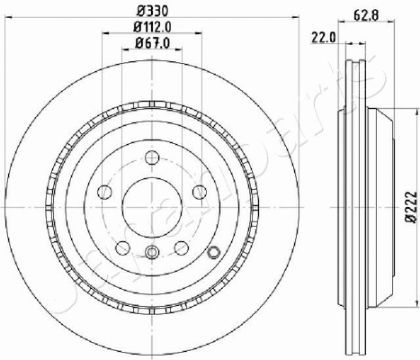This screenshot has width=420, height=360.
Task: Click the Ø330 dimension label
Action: [152, 11]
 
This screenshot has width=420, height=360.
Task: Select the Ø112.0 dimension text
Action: [152, 28]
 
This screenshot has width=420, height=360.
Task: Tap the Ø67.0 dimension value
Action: [152, 43]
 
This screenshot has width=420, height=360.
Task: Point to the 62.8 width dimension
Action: [366, 14]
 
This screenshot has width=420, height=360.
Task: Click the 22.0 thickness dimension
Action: [324, 38]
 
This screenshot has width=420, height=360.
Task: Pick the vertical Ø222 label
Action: [411, 207]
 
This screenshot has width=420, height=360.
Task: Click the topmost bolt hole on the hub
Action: [152, 157]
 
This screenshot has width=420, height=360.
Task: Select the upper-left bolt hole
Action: [105, 192]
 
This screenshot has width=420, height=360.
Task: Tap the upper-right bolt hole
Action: [200, 192]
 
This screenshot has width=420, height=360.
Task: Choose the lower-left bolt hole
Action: [122, 247]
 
